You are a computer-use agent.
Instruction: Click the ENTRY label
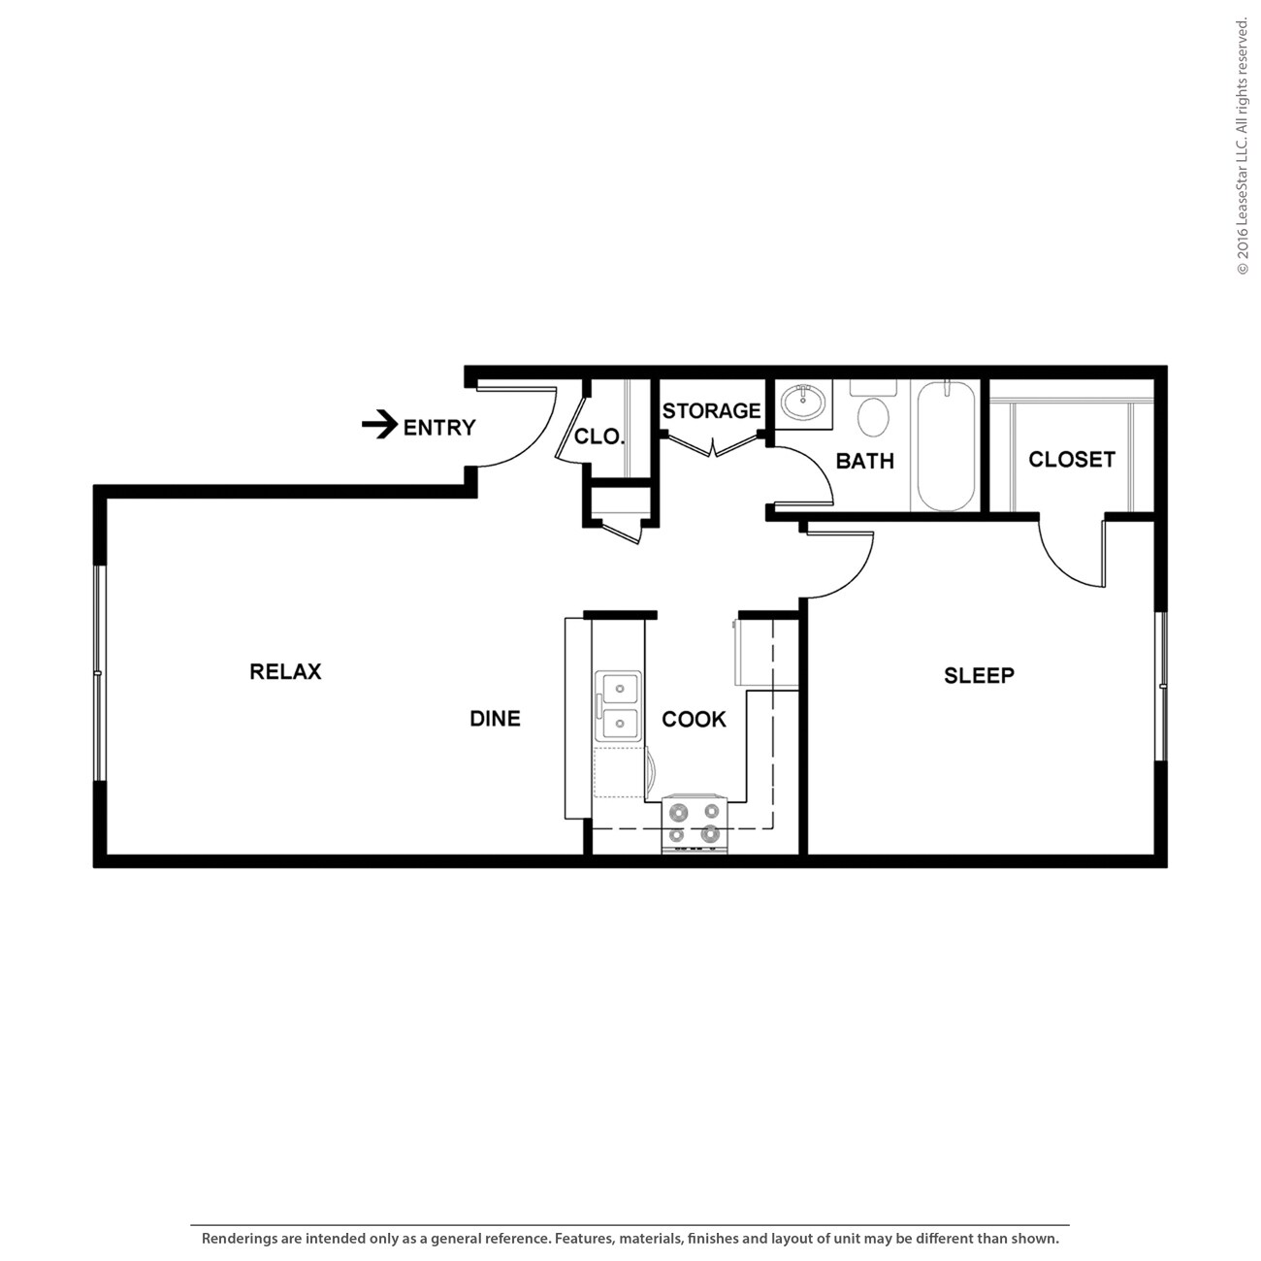click(438, 428)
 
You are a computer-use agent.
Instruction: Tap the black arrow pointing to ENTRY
click(379, 425)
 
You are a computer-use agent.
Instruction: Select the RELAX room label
click(285, 671)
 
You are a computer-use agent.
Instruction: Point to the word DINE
click(495, 719)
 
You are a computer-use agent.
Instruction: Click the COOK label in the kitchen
click(694, 719)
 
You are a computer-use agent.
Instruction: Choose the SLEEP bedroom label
click(979, 675)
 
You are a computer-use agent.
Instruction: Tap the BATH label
click(864, 461)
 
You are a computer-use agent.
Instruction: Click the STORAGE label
click(711, 411)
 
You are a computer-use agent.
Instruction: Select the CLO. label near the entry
click(598, 436)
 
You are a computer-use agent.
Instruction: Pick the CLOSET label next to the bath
click(1071, 459)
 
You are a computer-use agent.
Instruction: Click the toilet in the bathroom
click(873, 412)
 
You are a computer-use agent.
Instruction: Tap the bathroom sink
click(804, 401)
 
